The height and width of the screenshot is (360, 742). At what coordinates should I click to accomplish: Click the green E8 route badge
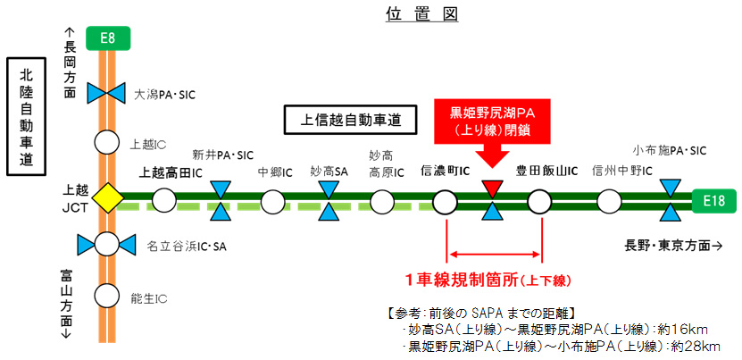pyautogui.click(x=107, y=37)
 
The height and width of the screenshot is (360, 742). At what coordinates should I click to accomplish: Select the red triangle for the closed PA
pyautogui.click(x=492, y=189)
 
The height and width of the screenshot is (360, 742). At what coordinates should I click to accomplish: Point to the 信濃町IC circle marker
pyautogui.click(x=446, y=200)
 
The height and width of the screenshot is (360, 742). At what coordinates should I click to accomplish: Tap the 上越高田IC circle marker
pyautogui.click(x=163, y=200)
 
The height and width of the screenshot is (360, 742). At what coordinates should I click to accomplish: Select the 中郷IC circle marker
pyautogui.click(x=274, y=200)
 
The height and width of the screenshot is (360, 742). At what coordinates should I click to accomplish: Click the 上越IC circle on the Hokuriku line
pyautogui.click(x=107, y=142)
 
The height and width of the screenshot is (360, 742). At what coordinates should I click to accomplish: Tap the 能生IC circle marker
pyautogui.click(x=107, y=294)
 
